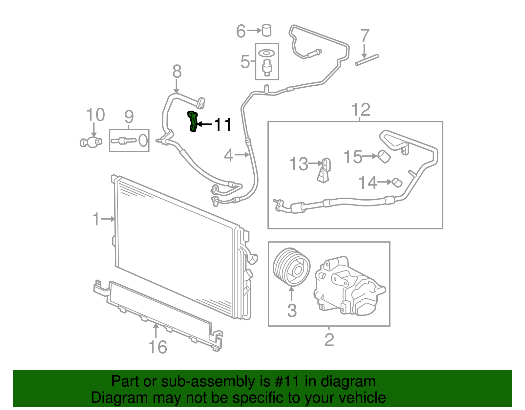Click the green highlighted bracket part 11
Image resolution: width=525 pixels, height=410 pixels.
193,121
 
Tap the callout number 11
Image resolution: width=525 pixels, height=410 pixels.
223,125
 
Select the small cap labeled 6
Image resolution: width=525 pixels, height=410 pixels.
267,30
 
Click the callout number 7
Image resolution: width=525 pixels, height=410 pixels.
365,36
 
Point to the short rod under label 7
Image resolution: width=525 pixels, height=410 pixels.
367,60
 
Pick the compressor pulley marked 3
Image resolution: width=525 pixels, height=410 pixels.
292,267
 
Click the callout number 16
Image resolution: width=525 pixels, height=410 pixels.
158,347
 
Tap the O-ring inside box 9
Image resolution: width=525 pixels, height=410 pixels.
143,140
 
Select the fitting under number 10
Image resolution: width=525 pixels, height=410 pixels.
91,142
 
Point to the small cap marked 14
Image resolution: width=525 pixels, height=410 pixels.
397,182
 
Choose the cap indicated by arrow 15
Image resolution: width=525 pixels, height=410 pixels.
384,156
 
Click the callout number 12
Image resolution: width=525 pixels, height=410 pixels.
361,110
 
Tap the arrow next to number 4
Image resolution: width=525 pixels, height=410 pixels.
242,155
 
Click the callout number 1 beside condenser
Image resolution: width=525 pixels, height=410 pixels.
96,219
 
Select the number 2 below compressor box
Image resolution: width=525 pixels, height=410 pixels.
329,340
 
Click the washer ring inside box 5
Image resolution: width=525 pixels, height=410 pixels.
266,53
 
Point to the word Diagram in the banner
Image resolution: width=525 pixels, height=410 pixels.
110,398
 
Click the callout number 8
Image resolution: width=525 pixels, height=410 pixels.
177,71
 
